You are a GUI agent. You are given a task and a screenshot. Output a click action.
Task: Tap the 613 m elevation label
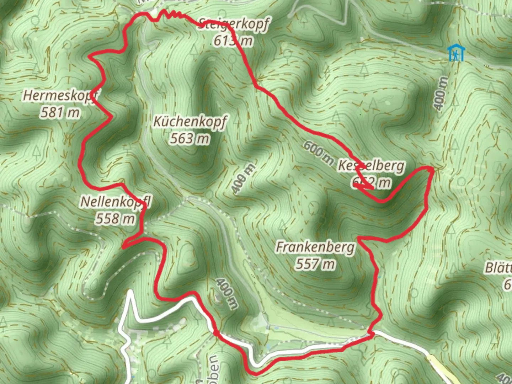pyautogui.click(x=233, y=41)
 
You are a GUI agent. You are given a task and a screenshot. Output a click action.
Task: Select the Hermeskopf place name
pyautogui.click(x=61, y=96)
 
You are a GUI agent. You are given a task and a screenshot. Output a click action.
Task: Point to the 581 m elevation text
pyautogui.click(x=60, y=113)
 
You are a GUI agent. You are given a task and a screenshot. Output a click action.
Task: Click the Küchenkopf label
pyautogui.click(x=190, y=122)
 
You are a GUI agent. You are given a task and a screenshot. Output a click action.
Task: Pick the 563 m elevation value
pyautogui.click(x=190, y=138)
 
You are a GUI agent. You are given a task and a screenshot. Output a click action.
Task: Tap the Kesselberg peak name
pyautogui.click(x=371, y=166)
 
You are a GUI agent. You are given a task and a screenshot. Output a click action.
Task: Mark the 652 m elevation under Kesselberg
pyautogui.click(x=372, y=183)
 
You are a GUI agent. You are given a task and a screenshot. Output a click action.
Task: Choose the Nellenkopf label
pyautogui.click(x=116, y=202)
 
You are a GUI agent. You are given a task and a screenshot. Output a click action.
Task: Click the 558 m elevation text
pyautogui.click(x=115, y=218)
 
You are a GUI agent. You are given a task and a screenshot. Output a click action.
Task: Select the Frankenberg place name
pyautogui.click(x=315, y=247)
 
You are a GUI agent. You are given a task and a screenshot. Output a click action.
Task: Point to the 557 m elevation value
pyautogui.click(x=315, y=264)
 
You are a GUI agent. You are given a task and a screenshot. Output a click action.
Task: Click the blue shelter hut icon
pyautogui.click(x=455, y=53)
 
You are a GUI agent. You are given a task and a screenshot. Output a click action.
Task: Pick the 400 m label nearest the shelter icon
pyautogui.click(x=440, y=93)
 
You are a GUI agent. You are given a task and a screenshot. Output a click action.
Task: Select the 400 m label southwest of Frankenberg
pyautogui.click(x=226, y=293)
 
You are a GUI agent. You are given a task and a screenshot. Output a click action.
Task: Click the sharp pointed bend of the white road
pyautogui.click(x=130, y=292)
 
